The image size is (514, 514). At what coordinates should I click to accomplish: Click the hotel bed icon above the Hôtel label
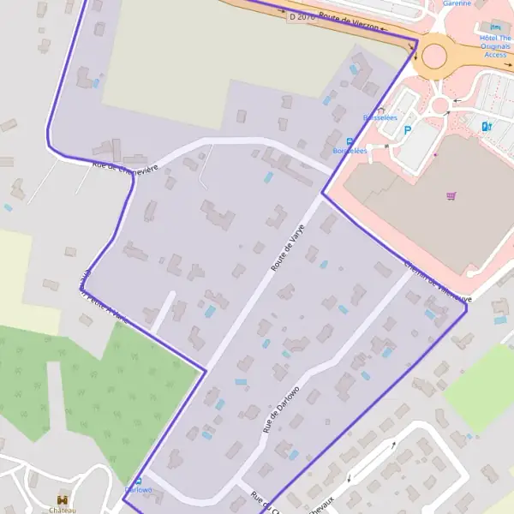(x=495, y=27)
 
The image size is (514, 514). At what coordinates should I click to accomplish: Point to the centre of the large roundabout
(x=434, y=57)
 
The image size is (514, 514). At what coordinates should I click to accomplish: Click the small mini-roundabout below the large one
(x=440, y=105)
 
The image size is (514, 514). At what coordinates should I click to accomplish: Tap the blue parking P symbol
(x=408, y=130)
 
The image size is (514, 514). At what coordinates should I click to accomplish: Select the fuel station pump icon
(x=487, y=126)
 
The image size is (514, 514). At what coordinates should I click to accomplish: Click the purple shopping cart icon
(x=451, y=195)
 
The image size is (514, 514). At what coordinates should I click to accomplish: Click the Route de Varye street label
(x=288, y=248)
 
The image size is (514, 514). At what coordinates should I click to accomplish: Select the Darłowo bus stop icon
(x=139, y=481)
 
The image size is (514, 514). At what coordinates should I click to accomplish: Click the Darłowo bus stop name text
(x=139, y=490)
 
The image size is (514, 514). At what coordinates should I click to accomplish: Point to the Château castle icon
(x=63, y=499)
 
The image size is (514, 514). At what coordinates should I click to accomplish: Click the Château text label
(x=63, y=510)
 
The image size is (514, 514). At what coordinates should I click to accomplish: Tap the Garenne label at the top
(x=456, y=3)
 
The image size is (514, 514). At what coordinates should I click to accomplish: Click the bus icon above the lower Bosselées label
(x=350, y=140)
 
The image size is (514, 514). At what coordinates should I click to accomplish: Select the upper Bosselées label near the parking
(x=380, y=117)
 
